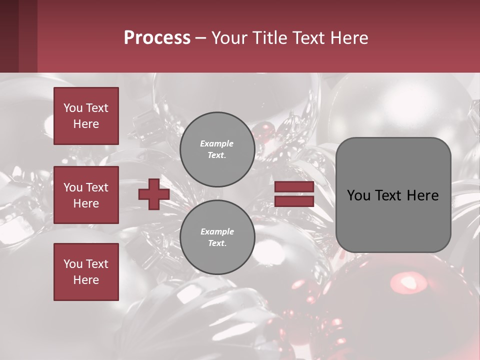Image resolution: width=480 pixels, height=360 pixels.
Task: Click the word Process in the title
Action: pos(157,38)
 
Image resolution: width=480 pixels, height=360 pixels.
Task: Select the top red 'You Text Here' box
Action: pos(86,116)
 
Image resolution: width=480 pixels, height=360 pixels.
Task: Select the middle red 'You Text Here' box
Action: pos(86,195)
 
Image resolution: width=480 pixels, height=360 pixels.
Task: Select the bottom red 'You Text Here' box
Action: pos(86,272)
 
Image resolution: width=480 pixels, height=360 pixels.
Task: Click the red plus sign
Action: pos(154,194)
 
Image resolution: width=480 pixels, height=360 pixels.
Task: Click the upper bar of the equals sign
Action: pos(294,186)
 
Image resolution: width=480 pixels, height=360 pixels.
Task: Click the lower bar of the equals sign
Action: pos(294,201)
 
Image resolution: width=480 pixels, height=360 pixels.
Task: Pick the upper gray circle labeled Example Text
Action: pos(217,149)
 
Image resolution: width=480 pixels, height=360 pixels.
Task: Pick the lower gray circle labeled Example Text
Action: pos(217,237)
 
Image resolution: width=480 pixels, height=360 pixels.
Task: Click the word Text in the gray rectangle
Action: pos(393,195)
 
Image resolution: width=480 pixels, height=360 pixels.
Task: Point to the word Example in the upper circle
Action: pos(216,144)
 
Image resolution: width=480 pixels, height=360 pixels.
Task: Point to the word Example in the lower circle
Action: pos(217,231)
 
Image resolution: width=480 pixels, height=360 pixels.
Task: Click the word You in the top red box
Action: pos(73,108)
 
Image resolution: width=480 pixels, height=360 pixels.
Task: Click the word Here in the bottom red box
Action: pos(86,280)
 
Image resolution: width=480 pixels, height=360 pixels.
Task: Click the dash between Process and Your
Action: pos(201,38)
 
